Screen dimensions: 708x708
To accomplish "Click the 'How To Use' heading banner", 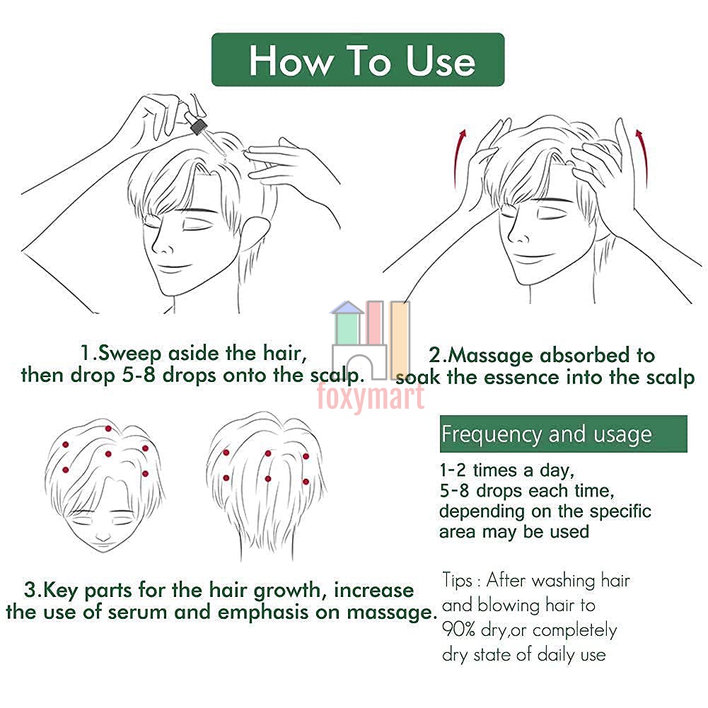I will [358, 59].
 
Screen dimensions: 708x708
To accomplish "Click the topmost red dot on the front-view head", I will [108, 429].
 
